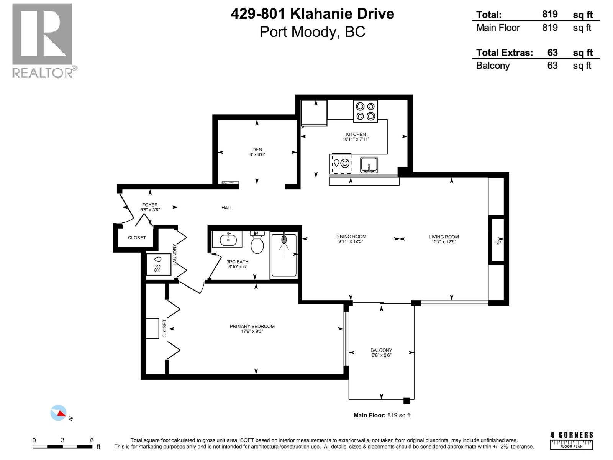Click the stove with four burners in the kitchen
point(365,111)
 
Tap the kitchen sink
point(369,165)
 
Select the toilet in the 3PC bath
point(257,243)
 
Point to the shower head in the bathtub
point(284,240)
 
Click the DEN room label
point(257,149)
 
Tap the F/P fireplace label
point(497,243)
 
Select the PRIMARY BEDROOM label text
point(252,326)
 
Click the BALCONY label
point(381,350)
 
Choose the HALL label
point(227,207)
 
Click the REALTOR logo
point(43,41)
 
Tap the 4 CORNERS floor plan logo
point(571,440)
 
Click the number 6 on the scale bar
point(92,440)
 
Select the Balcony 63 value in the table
point(552,66)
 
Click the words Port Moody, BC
point(312,32)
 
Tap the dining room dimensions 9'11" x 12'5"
point(351,242)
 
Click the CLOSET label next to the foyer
point(137,238)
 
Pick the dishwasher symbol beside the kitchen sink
point(341,164)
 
